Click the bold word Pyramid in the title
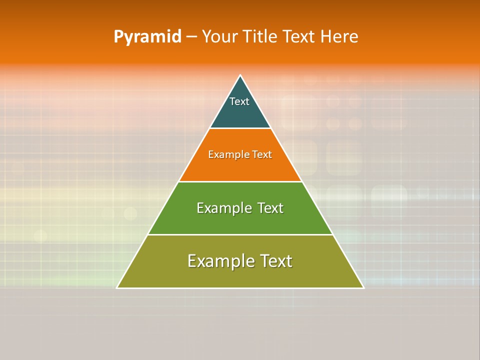tap(147, 37)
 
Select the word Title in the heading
tap(263, 37)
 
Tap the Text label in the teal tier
tap(239, 101)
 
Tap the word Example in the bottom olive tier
tap(215, 261)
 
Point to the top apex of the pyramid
tap(240, 75)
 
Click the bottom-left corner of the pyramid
tap(117, 287)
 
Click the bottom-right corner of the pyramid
tap(363, 287)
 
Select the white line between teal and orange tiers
tap(240, 128)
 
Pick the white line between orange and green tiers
tap(240, 181)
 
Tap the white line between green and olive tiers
tap(240, 234)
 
